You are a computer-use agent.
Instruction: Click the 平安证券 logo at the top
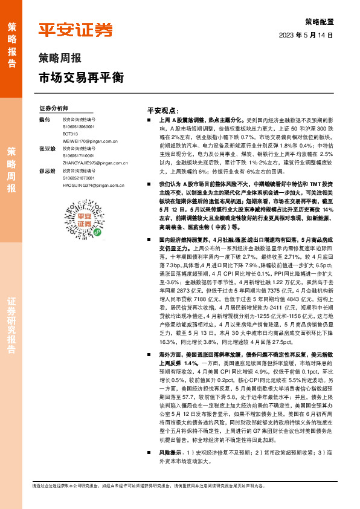click(x=76, y=30)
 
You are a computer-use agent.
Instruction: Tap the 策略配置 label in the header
click(x=318, y=20)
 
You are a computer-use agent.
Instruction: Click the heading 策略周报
click(x=60, y=59)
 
